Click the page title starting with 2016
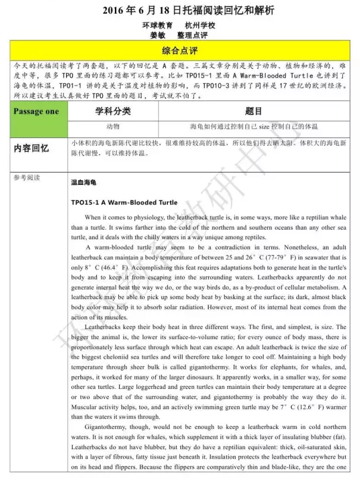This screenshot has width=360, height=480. (x=180, y=10)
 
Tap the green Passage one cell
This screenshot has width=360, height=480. (x=36, y=111)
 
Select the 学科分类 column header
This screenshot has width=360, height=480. (x=112, y=111)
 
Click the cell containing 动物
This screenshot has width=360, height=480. (x=112, y=127)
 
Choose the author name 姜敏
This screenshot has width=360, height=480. (x=157, y=35)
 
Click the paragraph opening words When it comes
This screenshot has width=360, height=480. (x=106, y=217)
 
